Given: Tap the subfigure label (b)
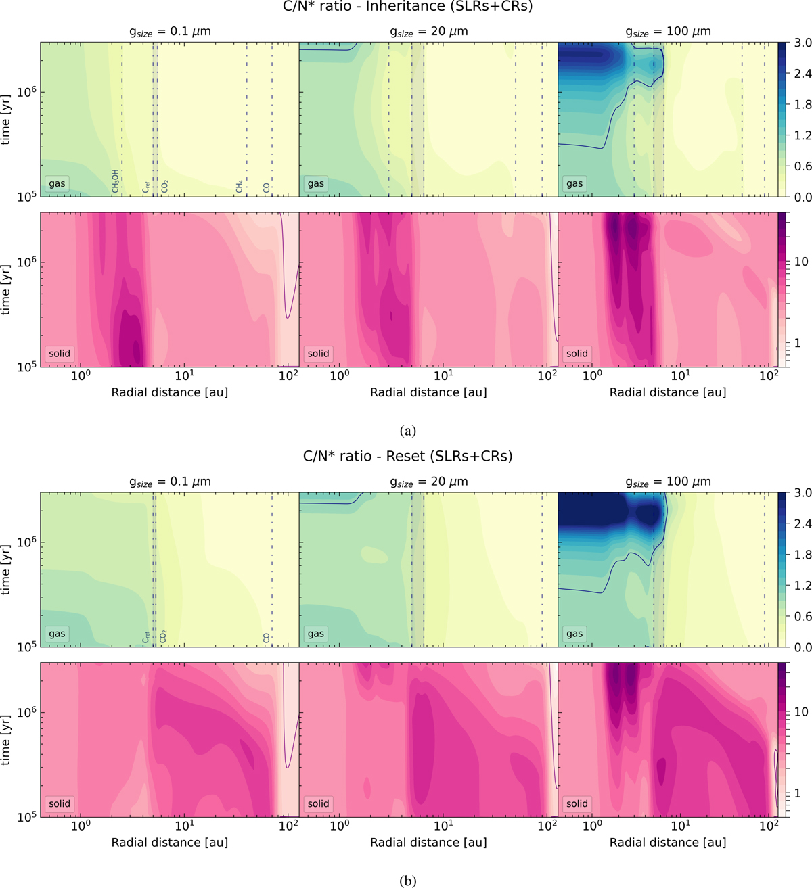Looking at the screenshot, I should (407, 881).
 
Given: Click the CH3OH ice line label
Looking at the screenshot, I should (116, 182).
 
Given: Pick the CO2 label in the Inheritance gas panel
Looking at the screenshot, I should (164, 186).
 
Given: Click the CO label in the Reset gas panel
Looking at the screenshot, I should (267, 637).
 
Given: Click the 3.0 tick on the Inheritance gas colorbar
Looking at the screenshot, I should (803, 43).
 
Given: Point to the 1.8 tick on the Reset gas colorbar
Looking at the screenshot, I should (803, 555).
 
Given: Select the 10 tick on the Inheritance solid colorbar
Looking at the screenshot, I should (801, 262).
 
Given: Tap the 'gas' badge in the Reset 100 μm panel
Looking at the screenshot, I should (574, 634).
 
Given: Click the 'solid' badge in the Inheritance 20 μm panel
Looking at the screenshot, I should (318, 353).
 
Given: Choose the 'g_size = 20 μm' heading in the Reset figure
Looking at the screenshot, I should (428, 482).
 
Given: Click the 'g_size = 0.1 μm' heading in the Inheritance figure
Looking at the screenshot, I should (170, 32).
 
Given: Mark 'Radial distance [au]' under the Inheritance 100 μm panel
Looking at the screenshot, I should (668, 392).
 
